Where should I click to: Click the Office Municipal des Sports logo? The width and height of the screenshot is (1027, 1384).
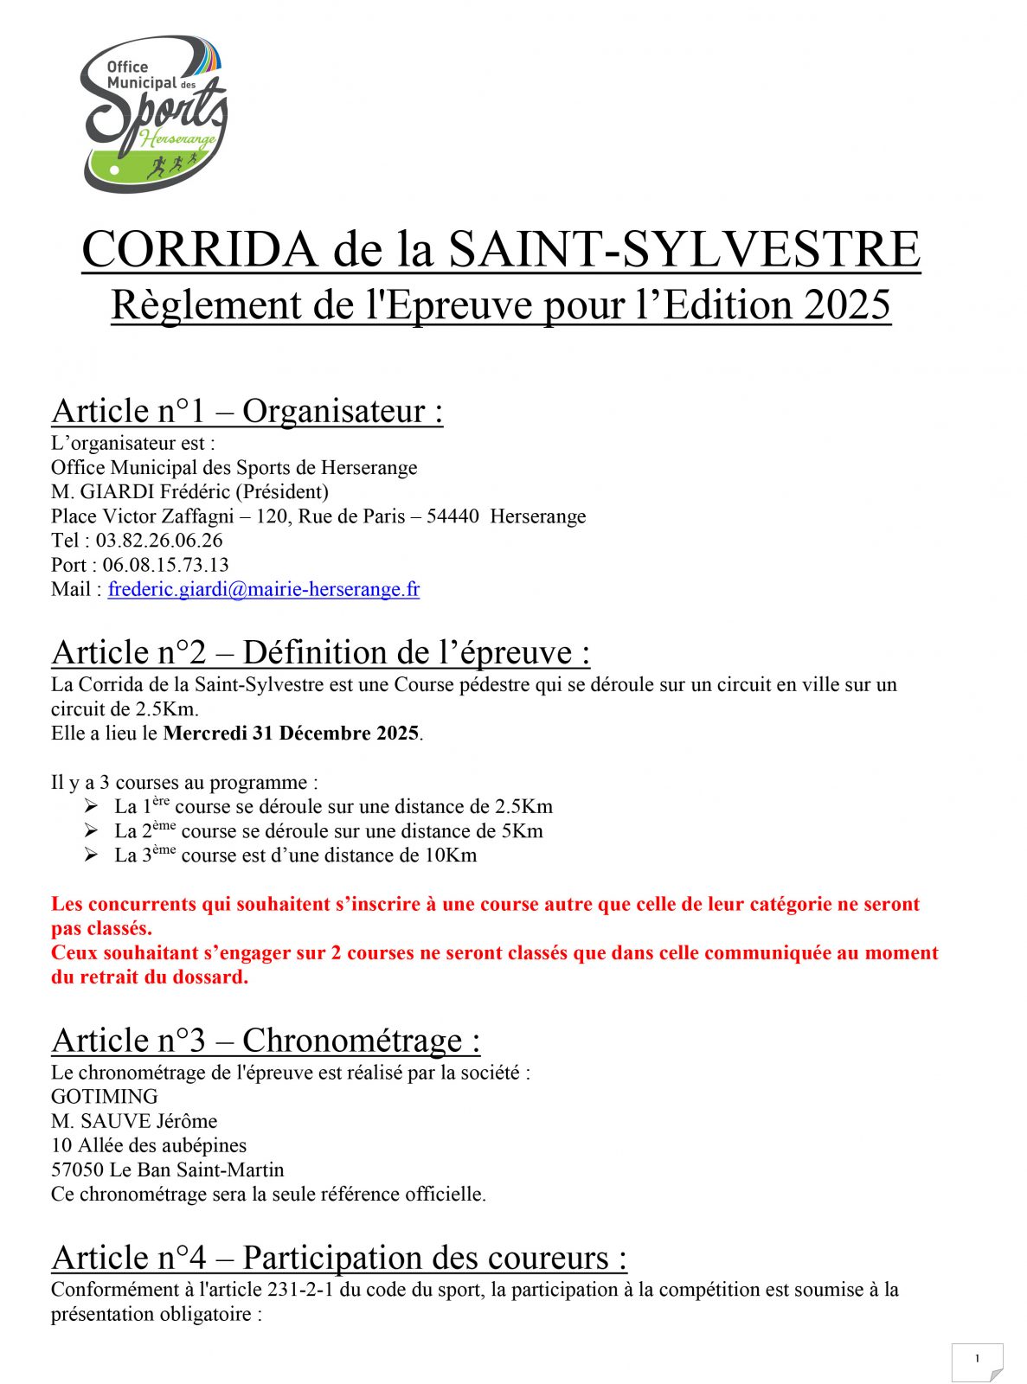[x=153, y=113]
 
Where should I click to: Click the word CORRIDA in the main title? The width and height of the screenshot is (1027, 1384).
[x=199, y=249]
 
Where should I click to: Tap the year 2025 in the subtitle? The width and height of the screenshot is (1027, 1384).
[x=846, y=304]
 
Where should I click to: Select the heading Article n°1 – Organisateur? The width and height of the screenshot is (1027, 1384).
[x=247, y=411]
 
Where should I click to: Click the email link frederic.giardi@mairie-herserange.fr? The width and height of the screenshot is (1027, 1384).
[x=264, y=589]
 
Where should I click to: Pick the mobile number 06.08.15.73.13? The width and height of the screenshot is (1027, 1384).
[x=165, y=565]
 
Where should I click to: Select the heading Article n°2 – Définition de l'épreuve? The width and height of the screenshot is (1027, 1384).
[x=321, y=652]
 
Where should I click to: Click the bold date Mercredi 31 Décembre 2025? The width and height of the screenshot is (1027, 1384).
[x=292, y=734]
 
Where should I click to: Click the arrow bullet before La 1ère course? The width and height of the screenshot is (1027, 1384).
[x=92, y=806]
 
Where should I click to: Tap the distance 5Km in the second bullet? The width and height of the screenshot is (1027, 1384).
[x=523, y=831]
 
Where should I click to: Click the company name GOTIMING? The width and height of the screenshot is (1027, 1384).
[x=105, y=1097]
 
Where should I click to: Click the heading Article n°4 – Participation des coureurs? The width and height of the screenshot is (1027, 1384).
[x=339, y=1258]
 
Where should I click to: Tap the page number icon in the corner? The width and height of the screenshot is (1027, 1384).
[x=977, y=1361]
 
